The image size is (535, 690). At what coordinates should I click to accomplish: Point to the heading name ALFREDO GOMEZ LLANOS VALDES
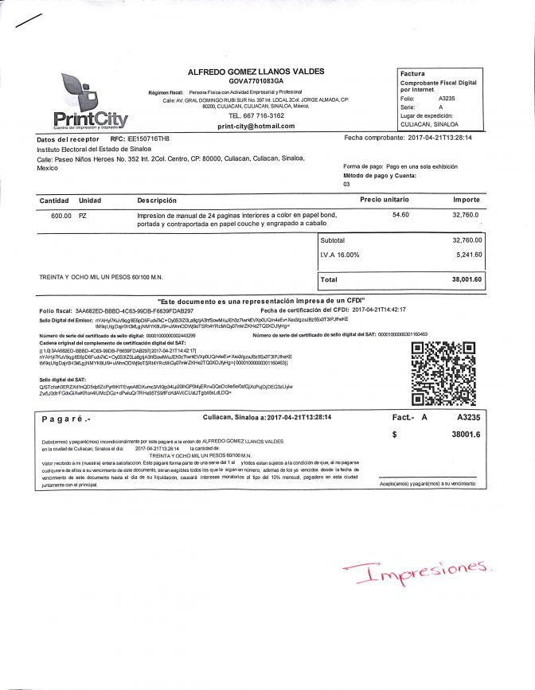(x=256, y=72)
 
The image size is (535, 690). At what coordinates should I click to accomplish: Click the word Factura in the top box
(x=412, y=73)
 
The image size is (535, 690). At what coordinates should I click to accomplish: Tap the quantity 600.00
(x=61, y=216)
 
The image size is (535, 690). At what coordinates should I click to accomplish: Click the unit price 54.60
(x=400, y=215)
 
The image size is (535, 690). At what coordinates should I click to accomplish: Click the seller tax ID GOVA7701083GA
(x=256, y=81)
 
